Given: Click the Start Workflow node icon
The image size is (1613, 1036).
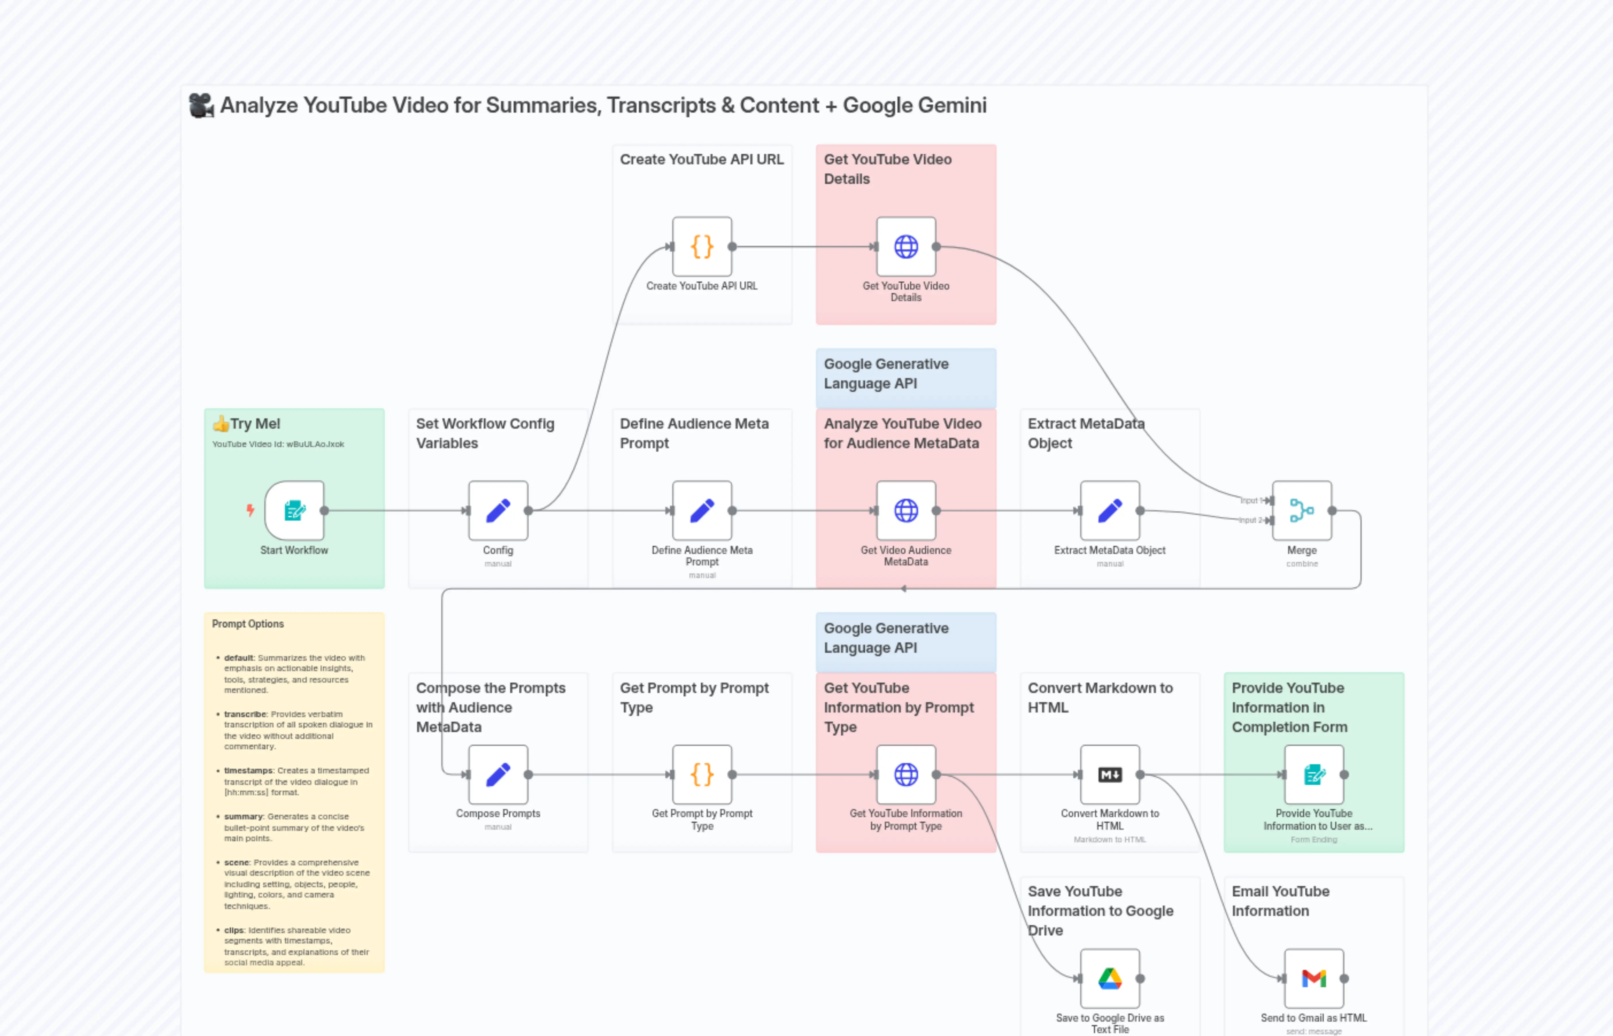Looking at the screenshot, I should pos(294,511).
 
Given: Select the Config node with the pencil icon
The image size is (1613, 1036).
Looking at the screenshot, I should pos(498,511).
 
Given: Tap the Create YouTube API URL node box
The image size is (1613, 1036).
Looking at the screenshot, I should pos(702,246).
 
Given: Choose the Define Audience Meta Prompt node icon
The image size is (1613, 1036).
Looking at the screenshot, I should pos(702,511).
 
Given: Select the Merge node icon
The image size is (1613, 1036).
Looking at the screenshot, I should pos(1302,511).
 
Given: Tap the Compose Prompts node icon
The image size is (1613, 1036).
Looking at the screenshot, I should pos(498,774).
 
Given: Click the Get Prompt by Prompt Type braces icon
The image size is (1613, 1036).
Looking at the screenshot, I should pos(702,774).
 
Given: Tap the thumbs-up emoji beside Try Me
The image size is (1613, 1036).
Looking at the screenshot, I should pos(221,424).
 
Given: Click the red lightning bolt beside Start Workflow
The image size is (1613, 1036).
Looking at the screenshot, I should pos(250,511).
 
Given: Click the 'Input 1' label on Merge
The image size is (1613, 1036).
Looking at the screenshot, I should pos(1249,500).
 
